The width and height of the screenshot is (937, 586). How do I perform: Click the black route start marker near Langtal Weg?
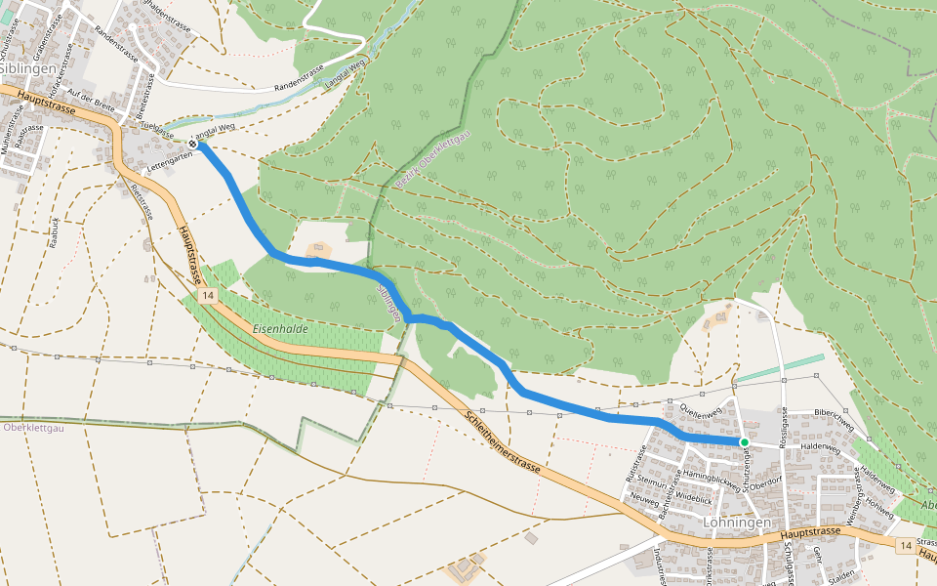(193, 145)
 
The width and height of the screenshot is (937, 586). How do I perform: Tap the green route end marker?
(744, 442)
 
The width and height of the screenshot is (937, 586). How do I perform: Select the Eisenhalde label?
(280, 329)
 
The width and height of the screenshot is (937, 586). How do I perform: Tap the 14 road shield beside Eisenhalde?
(205, 295)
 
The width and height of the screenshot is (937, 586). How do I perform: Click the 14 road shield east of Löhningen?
(907, 545)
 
